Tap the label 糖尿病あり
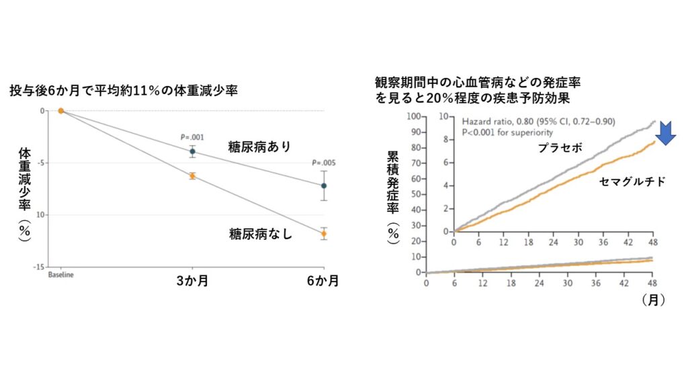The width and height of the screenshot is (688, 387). click(x=259, y=147)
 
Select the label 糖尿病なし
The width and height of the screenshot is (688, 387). click(x=259, y=234)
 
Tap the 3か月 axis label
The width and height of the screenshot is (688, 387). click(x=192, y=282)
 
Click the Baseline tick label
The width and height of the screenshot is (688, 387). click(x=60, y=275)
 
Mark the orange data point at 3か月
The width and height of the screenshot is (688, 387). click(x=192, y=176)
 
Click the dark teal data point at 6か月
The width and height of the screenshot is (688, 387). click(x=323, y=185)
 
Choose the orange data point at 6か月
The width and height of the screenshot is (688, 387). click(x=323, y=234)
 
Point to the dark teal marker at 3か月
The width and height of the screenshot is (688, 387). click(x=192, y=151)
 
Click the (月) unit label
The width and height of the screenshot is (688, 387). click(x=653, y=300)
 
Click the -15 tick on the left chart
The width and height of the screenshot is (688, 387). click(x=41, y=267)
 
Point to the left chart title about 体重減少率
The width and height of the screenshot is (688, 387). click(x=123, y=90)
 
